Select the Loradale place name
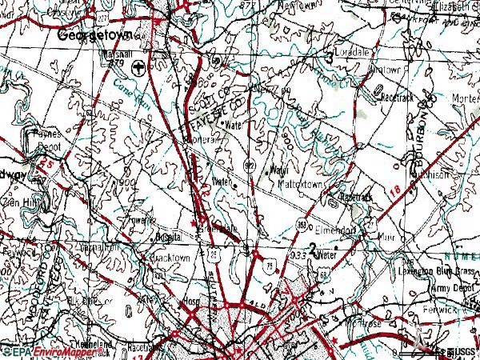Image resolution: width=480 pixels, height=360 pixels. (352, 50)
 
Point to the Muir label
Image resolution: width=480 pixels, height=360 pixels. (388, 237)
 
